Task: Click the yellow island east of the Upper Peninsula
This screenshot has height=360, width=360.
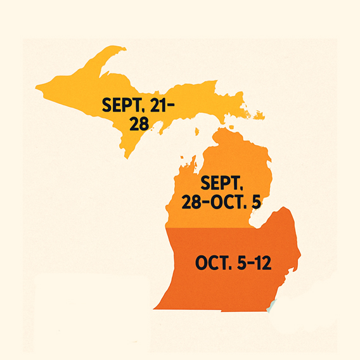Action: tap(259, 116)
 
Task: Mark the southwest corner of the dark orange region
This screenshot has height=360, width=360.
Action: tap(156, 308)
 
